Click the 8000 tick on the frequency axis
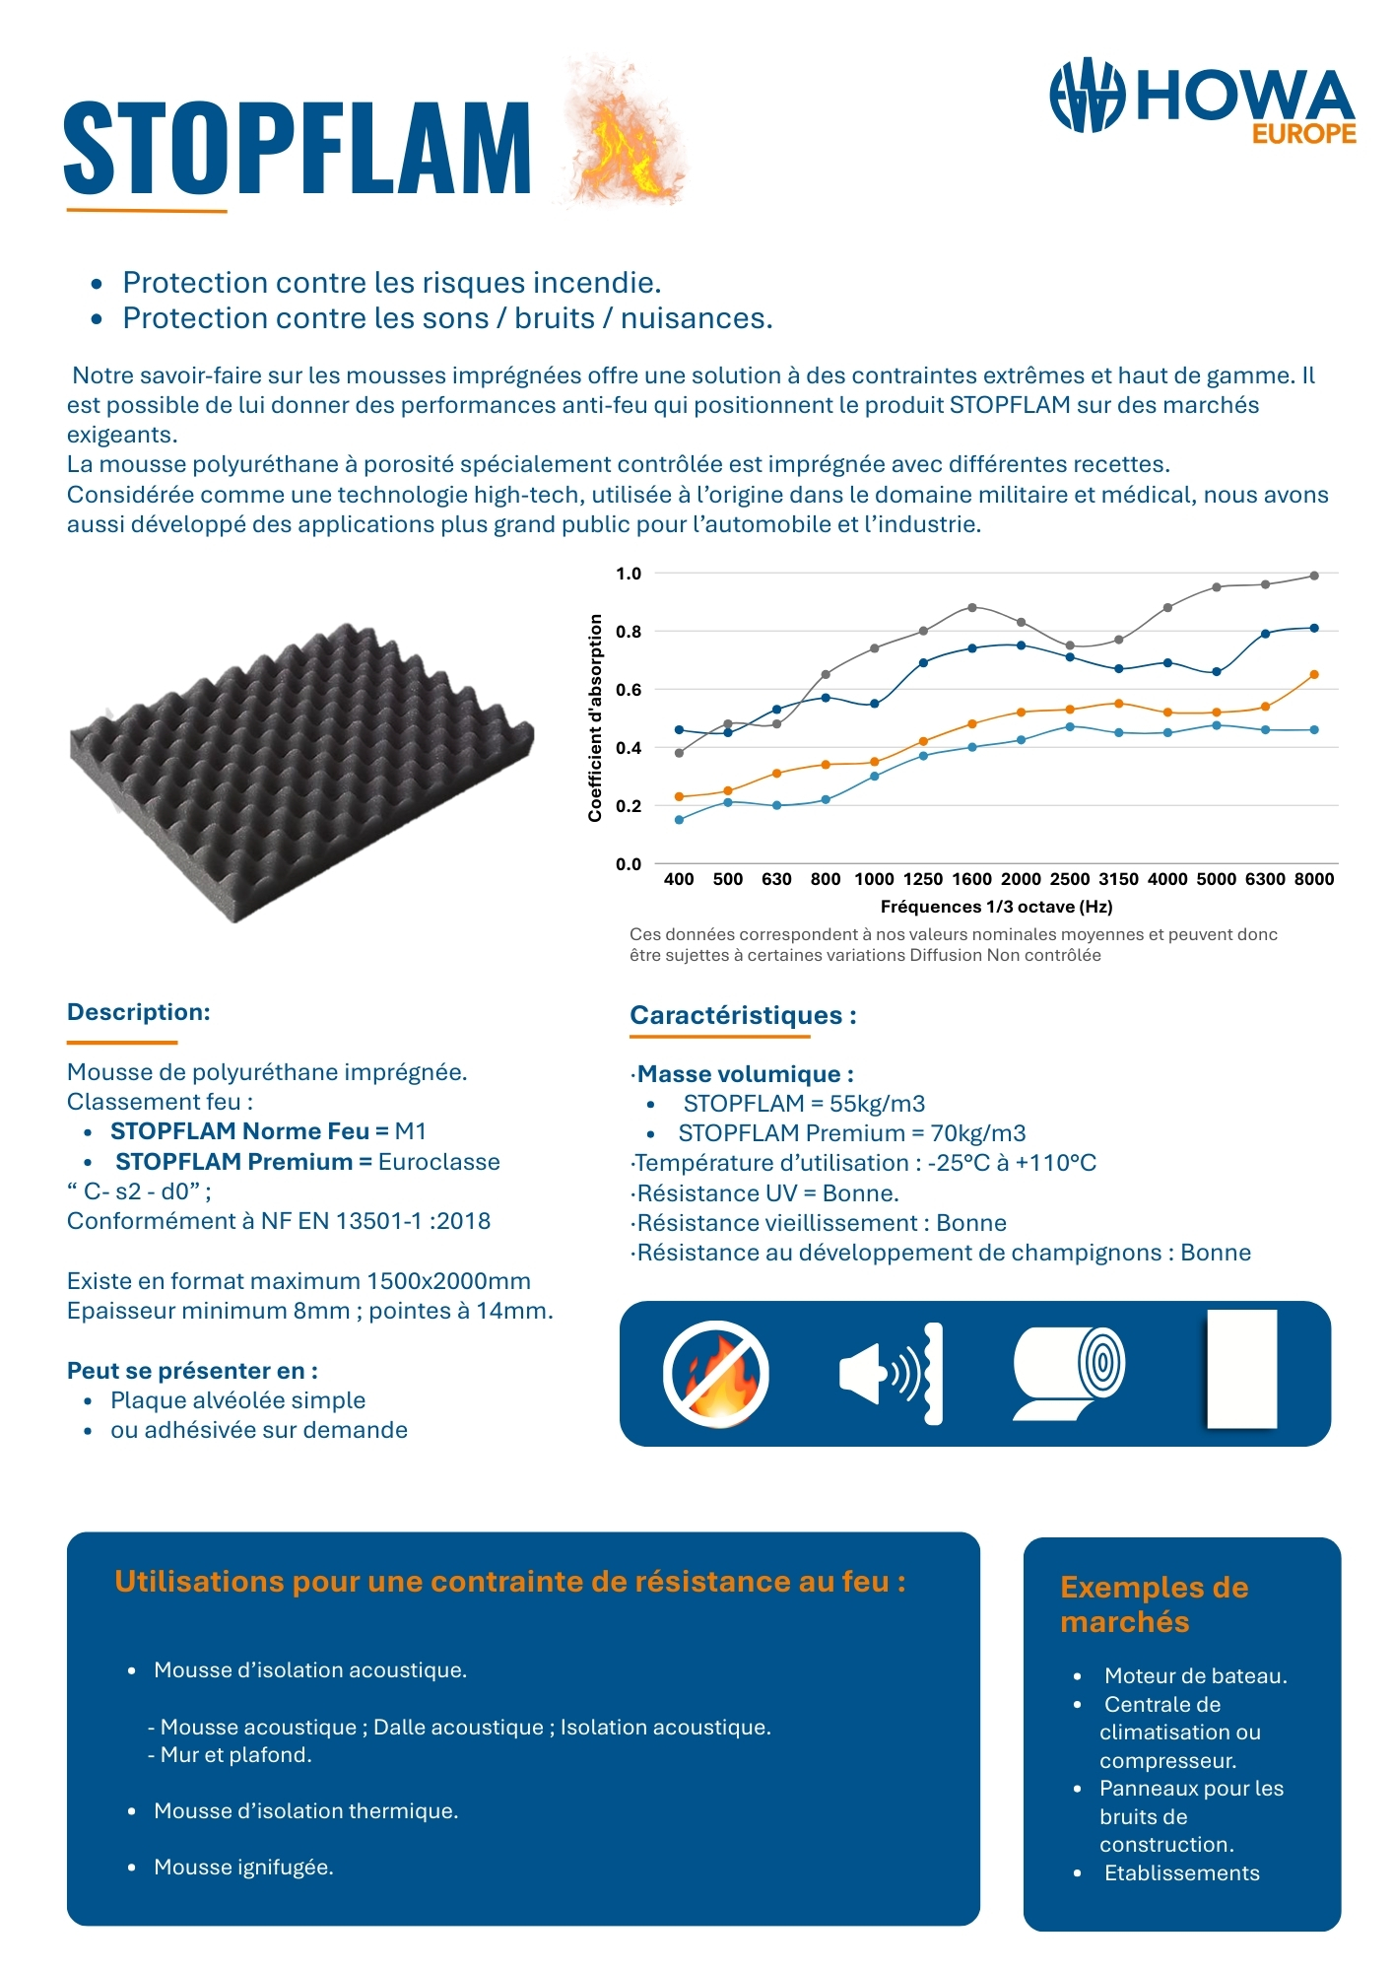1313,879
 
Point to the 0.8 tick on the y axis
629,632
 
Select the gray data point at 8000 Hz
1314,576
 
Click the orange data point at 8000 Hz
1314,675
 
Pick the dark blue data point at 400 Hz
679,729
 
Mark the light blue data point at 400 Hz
679,820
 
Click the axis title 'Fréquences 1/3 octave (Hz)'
996,907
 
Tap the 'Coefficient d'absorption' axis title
595,717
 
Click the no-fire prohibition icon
715,1374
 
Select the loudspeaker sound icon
890,1374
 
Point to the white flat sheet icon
1241,1369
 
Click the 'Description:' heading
139,1012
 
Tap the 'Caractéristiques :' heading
743,1015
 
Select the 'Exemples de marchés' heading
1154,1604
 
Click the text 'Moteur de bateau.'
1195,1675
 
